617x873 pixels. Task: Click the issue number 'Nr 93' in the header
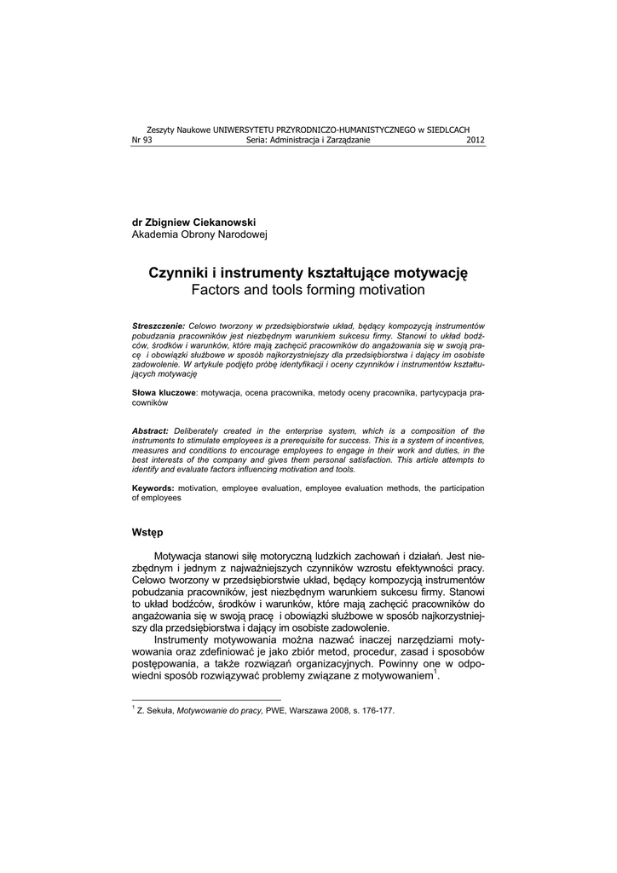(x=141, y=141)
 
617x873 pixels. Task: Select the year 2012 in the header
(x=476, y=141)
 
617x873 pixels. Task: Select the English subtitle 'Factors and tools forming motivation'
(x=308, y=291)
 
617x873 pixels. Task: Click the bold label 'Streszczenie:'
(x=159, y=327)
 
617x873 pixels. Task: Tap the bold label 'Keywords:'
(x=153, y=489)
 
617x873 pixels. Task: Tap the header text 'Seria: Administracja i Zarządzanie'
(x=308, y=141)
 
